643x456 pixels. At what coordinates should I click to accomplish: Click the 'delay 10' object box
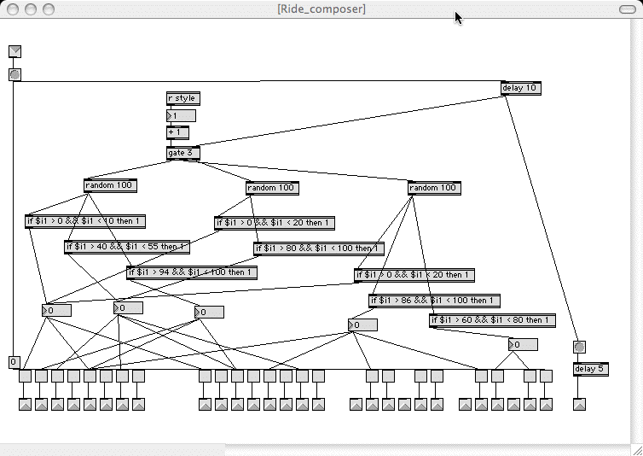tap(520, 88)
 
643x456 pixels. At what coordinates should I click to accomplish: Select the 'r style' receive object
tap(182, 98)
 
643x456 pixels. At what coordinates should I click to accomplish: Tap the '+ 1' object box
tap(177, 132)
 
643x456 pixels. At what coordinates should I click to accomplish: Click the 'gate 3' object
tap(183, 153)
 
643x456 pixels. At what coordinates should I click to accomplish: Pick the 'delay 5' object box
tap(590, 369)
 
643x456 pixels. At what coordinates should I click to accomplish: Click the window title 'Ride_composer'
tap(321, 9)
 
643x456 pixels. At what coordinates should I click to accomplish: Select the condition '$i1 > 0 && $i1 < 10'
tap(85, 221)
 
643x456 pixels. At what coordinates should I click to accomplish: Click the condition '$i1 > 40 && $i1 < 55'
tap(126, 247)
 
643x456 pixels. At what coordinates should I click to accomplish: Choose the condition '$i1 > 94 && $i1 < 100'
tap(192, 272)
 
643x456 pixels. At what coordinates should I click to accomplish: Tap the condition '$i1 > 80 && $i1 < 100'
tap(318, 248)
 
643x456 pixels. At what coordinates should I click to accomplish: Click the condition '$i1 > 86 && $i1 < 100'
tap(434, 301)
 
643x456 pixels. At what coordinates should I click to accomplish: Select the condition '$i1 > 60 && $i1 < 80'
tap(492, 320)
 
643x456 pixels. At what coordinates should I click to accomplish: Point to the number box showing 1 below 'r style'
tap(181, 115)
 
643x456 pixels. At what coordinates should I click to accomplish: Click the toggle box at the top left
tap(14, 52)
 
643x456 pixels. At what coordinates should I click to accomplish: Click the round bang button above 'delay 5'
tap(580, 347)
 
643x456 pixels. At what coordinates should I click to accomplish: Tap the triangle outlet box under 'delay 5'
tap(580, 405)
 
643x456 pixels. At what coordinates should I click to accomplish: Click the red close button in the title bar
tap(12, 9)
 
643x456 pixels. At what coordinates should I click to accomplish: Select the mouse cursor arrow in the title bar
tap(459, 17)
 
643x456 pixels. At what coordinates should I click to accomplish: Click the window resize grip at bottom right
tap(635, 448)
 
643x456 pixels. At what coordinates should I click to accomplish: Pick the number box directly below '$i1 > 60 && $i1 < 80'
tap(523, 345)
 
